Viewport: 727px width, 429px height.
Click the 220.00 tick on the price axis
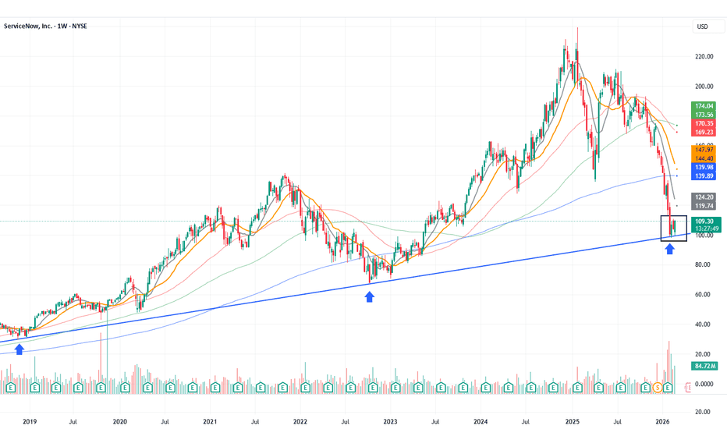click(705, 57)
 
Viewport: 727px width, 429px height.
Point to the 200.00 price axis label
click(705, 87)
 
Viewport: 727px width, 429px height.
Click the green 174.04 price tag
click(704, 105)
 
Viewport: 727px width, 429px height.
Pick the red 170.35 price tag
click(704, 123)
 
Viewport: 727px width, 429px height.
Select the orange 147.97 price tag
click(704, 150)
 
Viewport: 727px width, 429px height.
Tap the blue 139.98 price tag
click(704, 168)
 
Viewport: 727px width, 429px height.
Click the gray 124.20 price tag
click(704, 197)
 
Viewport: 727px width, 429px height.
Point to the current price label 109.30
click(704, 221)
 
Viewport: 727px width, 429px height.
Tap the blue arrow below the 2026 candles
click(669, 250)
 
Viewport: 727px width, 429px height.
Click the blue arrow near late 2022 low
click(370, 296)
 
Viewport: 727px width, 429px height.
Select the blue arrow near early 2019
click(20, 349)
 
